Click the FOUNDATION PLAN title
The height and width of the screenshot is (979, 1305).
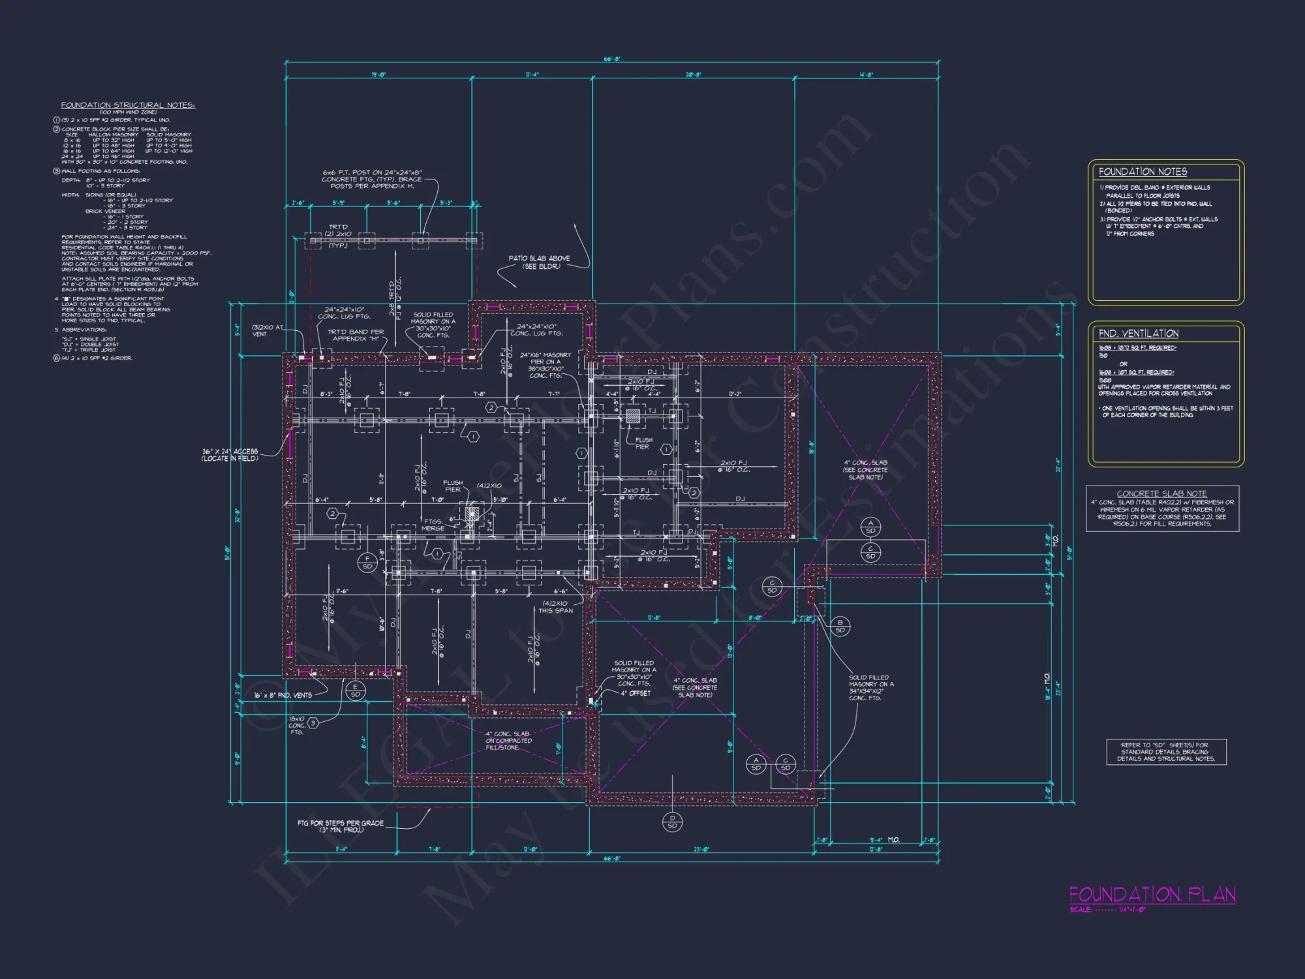pyautogui.click(x=1152, y=894)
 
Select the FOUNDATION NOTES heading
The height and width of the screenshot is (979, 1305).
pyautogui.click(x=1143, y=172)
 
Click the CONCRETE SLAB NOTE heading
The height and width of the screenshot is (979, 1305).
pyautogui.click(x=1161, y=493)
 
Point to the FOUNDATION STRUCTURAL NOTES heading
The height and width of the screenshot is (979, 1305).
pyautogui.click(x=128, y=105)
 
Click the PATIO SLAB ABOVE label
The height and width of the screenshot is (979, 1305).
pyautogui.click(x=539, y=262)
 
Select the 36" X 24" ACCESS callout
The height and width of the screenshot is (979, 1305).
pyautogui.click(x=230, y=455)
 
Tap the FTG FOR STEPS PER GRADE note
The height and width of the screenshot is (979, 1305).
pyautogui.click(x=340, y=826)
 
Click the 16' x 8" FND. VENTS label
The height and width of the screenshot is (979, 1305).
pyautogui.click(x=283, y=695)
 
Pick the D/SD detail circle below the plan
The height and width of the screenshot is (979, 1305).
pyautogui.click(x=672, y=822)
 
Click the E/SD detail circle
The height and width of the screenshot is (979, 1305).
pyautogui.click(x=356, y=691)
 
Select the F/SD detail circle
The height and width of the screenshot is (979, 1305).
pyautogui.click(x=367, y=562)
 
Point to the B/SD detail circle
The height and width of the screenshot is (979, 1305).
pyautogui.click(x=840, y=626)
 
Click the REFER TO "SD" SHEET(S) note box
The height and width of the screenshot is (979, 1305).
pyautogui.click(x=1166, y=752)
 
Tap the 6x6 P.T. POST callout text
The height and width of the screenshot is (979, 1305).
pyautogui.click(x=372, y=179)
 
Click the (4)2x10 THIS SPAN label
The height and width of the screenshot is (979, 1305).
pyautogui.click(x=555, y=607)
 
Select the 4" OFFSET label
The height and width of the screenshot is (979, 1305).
pyautogui.click(x=635, y=693)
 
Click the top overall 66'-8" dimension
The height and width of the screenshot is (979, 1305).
pyautogui.click(x=611, y=59)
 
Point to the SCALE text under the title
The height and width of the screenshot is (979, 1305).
pyautogui.click(x=1107, y=910)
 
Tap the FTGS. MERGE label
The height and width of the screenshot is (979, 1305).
pyautogui.click(x=433, y=525)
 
